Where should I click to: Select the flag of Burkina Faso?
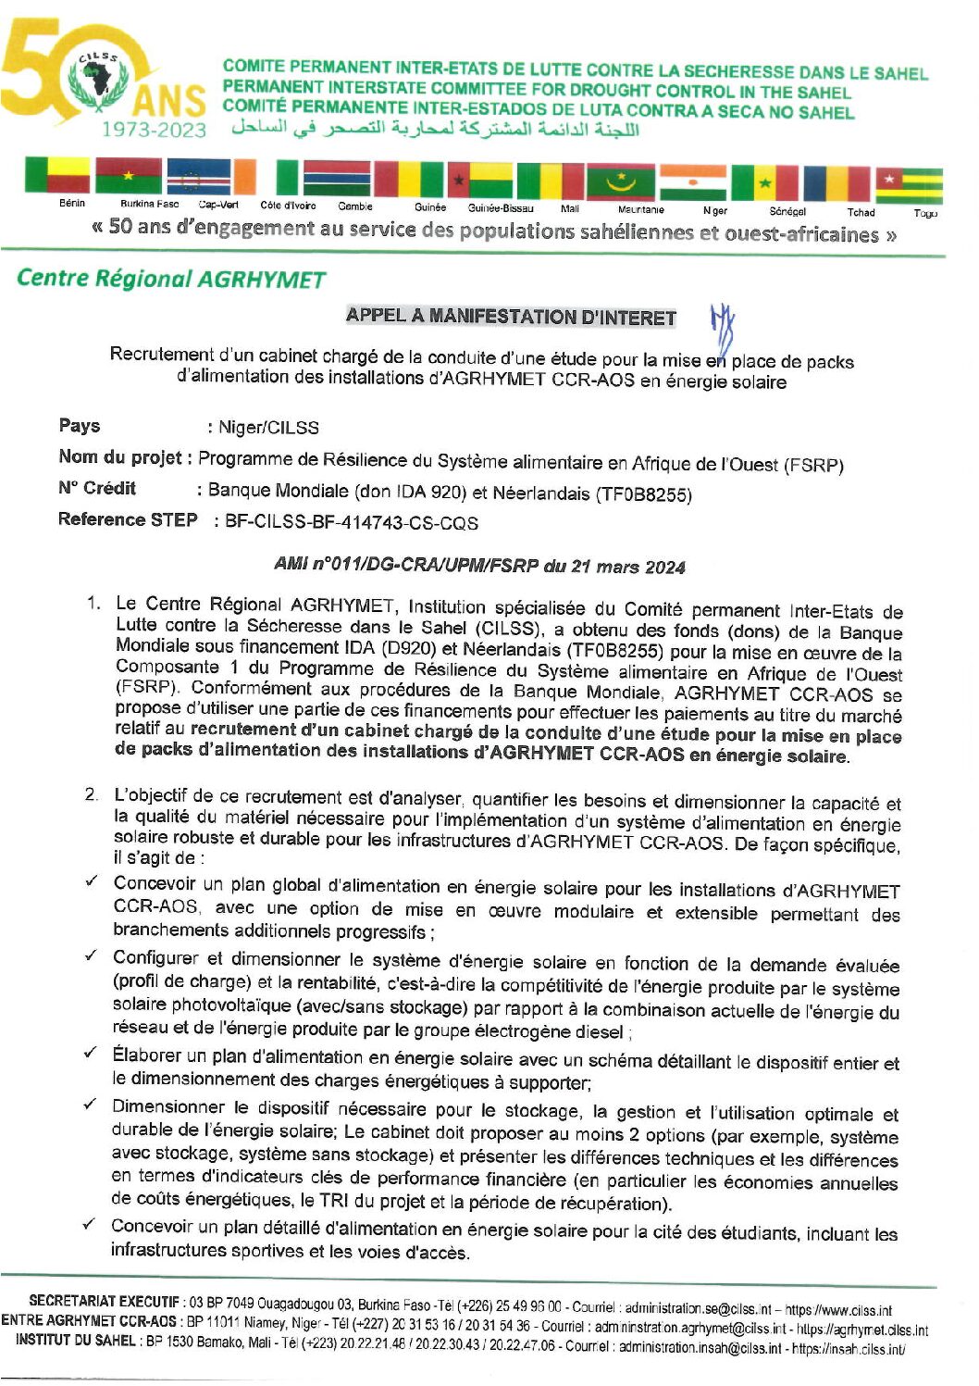128,177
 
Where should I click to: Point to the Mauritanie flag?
621,181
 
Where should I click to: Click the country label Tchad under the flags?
861,212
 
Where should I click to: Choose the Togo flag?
910,185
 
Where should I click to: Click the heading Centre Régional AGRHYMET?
171,279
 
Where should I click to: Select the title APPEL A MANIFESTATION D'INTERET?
511,317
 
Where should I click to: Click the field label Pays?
80,426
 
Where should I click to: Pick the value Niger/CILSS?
268,428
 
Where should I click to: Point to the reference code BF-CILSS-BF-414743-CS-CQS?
352,523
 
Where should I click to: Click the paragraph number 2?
91,794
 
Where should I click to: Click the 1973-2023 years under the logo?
155,130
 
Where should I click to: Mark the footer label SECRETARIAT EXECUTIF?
104,1302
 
